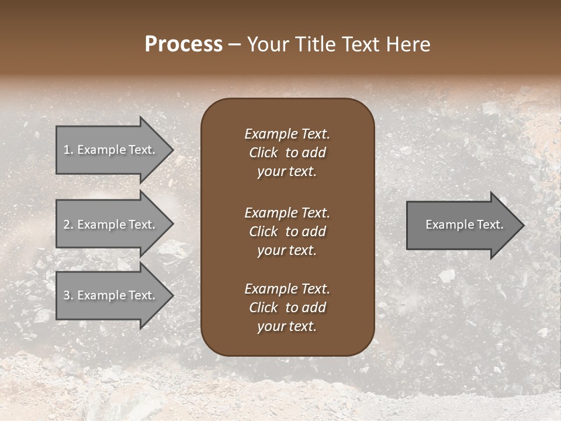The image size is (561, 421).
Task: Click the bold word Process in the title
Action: [183, 44]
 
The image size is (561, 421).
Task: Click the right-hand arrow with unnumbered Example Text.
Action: [462, 225]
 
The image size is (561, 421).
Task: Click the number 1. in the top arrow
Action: [68, 150]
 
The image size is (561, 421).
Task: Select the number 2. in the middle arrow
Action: [68, 225]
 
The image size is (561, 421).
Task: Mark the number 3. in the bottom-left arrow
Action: [68, 295]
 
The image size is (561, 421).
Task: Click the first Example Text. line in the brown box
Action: [287, 134]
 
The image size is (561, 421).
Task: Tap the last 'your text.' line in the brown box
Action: [287, 327]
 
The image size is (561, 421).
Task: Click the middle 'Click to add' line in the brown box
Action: [287, 232]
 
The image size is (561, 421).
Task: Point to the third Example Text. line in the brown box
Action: [287, 289]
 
